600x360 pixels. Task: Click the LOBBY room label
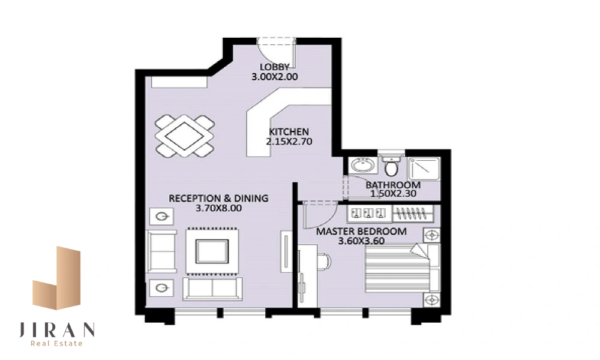(x=274, y=67)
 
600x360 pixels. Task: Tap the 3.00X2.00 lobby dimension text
(x=274, y=77)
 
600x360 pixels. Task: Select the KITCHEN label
(x=289, y=131)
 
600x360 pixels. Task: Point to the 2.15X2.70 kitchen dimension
(x=289, y=142)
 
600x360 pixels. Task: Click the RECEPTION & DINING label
(x=218, y=198)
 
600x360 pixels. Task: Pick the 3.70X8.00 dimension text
(x=218, y=208)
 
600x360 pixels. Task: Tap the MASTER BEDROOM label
(x=361, y=232)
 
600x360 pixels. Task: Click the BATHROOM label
(x=393, y=185)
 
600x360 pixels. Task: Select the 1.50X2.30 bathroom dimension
(x=393, y=194)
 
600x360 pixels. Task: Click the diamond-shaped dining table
(x=184, y=136)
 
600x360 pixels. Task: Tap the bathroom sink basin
(x=363, y=166)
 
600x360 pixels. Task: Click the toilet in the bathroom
(x=391, y=165)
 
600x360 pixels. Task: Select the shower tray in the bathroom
(x=424, y=169)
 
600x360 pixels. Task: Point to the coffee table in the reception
(x=212, y=251)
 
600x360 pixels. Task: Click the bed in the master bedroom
(x=402, y=268)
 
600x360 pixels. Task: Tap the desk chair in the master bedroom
(x=325, y=262)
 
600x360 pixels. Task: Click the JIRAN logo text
(x=57, y=330)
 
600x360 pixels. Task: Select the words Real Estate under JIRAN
(x=56, y=344)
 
